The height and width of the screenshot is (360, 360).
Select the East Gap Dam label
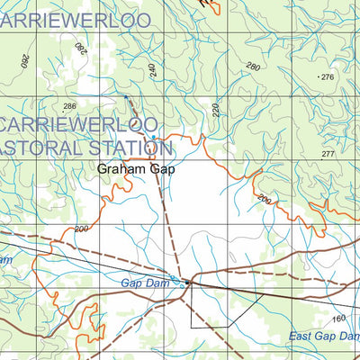tap(324, 337)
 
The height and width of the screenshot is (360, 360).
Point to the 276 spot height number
tap(327, 77)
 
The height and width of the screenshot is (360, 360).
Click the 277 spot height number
tap(327, 155)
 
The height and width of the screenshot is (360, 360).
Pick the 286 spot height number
tap(70, 107)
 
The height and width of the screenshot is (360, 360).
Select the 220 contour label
tap(216, 112)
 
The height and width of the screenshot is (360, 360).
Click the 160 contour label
tap(338, 319)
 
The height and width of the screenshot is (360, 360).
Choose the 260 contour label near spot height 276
tap(252, 67)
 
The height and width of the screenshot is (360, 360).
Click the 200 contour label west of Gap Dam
tap(82, 229)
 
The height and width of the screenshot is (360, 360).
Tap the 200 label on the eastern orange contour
tap(264, 198)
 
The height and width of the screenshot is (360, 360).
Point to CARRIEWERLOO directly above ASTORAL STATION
tap(81, 122)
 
